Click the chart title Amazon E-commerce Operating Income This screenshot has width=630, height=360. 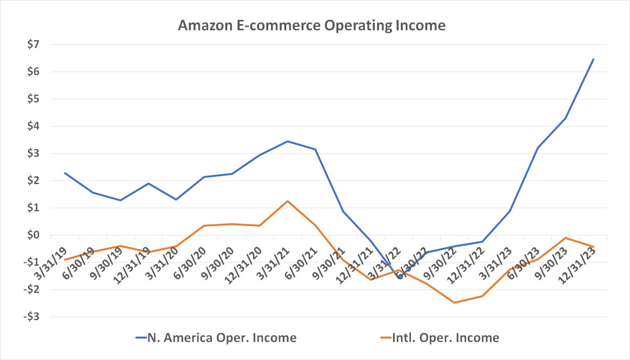(312, 26)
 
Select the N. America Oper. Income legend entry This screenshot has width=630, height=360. (216, 338)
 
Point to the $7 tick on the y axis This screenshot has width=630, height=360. (33, 44)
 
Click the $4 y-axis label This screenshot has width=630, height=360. (33, 126)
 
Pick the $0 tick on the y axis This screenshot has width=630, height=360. (33, 235)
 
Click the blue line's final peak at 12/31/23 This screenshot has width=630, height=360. (593, 59)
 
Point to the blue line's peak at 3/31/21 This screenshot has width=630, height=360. (287, 141)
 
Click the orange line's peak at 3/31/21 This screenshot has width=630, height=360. (287, 201)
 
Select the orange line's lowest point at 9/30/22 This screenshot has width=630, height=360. (454, 303)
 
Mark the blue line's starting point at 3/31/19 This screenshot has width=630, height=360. (65, 173)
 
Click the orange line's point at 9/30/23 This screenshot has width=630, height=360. (566, 238)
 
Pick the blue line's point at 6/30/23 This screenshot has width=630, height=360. (538, 148)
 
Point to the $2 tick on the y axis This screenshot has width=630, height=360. (33, 181)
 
